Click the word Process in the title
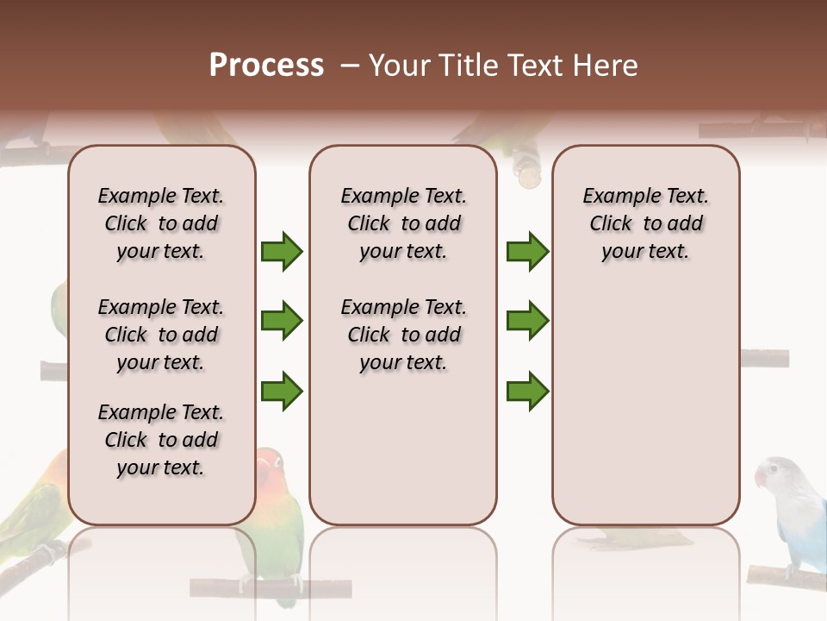click(x=266, y=66)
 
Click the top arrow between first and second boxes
click(x=282, y=252)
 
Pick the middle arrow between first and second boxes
click(x=282, y=322)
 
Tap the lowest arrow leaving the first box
click(x=282, y=392)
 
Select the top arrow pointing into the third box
click(x=527, y=252)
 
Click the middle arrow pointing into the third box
click(x=527, y=322)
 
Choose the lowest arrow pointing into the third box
click(x=527, y=392)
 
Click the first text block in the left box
click(x=161, y=223)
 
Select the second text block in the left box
click(x=161, y=335)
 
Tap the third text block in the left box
click(x=161, y=440)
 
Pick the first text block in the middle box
click(x=403, y=223)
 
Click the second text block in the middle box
click(x=403, y=335)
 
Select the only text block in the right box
click(x=645, y=223)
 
